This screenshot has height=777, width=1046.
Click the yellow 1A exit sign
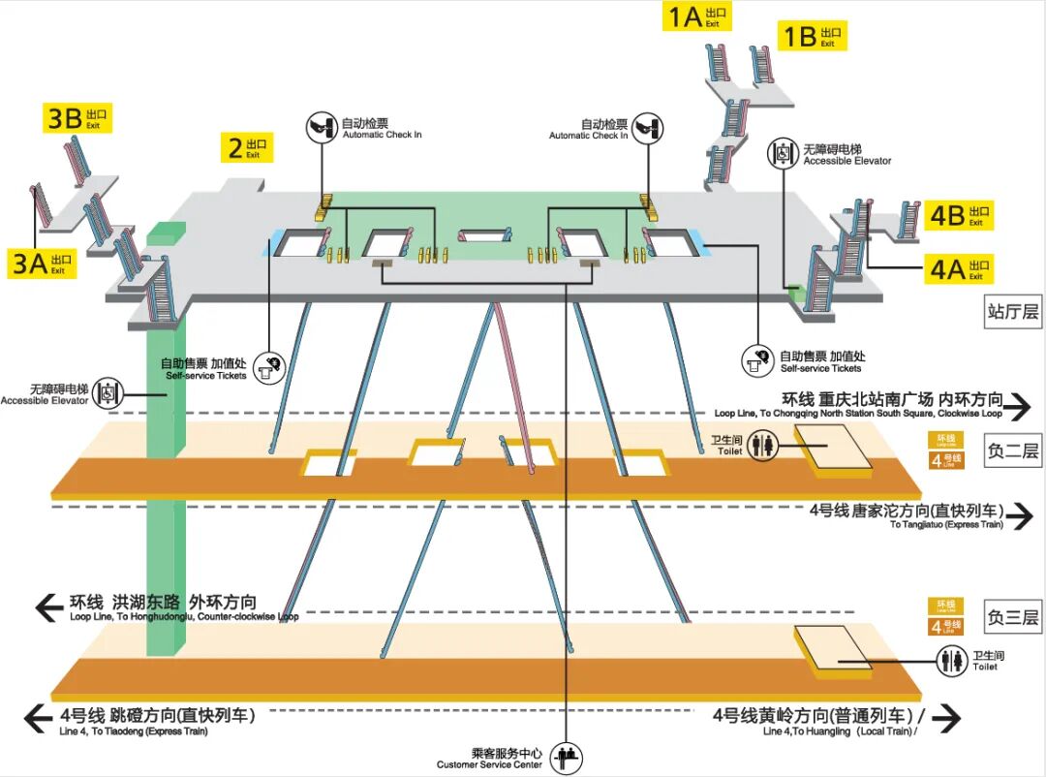tap(696, 16)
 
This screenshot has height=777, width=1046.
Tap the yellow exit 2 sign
tap(246, 147)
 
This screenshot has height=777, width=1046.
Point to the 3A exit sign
tap(43, 264)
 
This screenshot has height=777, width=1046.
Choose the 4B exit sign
tap(959, 215)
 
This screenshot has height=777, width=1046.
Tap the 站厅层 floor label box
tap(1013, 312)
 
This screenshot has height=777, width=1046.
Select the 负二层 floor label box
tap(1013, 451)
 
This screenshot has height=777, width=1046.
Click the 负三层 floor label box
tap(1013, 617)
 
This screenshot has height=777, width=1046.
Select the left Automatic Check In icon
tap(322, 127)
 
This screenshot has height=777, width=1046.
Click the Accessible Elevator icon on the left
tap(109, 392)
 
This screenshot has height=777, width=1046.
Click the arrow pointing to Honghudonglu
tap(49, 607)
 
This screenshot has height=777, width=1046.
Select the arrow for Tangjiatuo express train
tap(1019, 516)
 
